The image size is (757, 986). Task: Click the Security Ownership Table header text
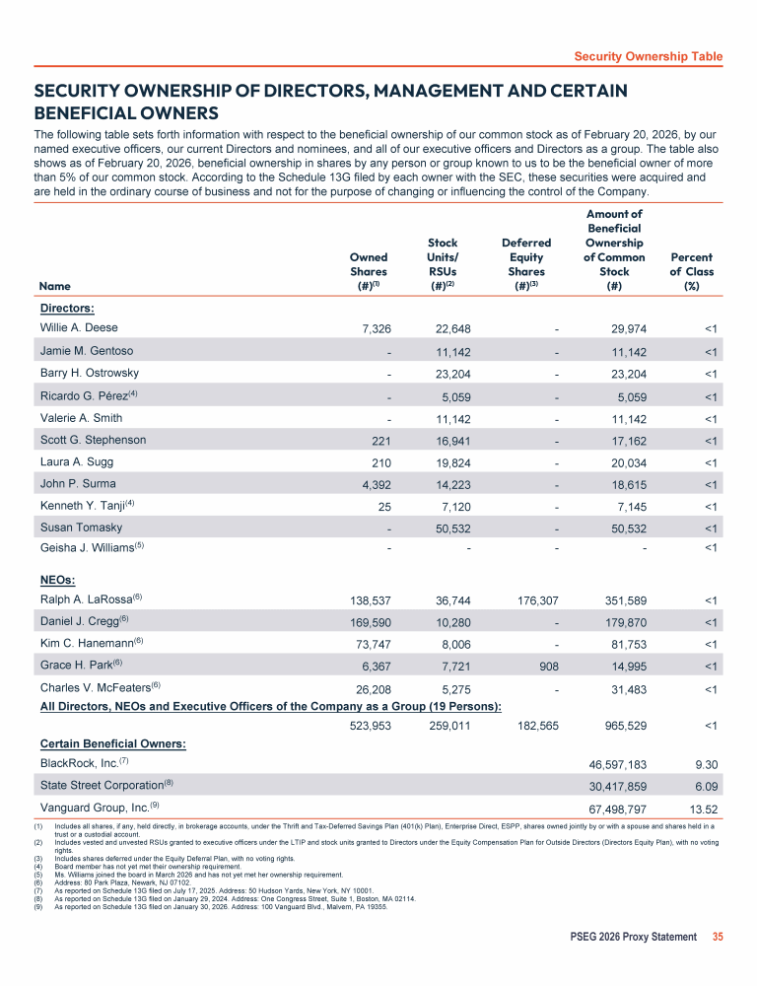[648, 56]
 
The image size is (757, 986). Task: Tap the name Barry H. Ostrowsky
[89, 373]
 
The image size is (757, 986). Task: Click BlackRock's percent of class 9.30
[702, 765]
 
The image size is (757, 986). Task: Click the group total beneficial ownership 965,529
[617, 727]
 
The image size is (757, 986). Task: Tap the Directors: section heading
[67, 308]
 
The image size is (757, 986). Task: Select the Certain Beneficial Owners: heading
[113, 743]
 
